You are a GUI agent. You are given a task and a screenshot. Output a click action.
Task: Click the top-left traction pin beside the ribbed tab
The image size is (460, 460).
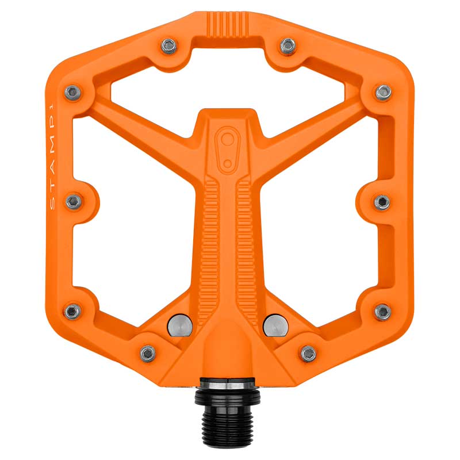169,46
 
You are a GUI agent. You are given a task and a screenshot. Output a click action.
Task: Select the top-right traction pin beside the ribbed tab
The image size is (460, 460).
288,45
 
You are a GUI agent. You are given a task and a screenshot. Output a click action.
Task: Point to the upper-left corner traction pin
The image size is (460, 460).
73,93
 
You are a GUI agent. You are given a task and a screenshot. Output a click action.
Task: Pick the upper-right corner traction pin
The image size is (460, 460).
384,92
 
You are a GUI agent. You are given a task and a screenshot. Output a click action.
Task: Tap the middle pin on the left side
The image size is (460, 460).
74,202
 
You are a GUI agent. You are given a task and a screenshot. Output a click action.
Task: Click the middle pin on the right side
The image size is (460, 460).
382,202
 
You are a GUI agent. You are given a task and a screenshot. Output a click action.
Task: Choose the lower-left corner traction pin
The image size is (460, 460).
72,311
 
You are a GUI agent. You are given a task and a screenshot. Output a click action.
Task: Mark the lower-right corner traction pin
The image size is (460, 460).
383,312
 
